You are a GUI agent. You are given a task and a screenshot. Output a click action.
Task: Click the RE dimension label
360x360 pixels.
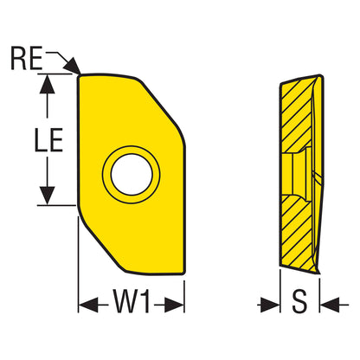tap(27, 58)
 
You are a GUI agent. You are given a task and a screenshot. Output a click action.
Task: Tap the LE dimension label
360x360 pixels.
tap(48, 140)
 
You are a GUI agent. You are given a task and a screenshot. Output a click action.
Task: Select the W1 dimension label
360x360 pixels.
tap(132, 301)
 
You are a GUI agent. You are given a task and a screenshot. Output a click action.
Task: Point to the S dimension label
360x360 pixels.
tap(299, 301)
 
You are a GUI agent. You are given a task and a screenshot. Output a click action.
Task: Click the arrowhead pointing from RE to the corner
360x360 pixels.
tap(73, 66)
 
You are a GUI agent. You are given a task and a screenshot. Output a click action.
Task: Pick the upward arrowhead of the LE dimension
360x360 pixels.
tap(47, 84)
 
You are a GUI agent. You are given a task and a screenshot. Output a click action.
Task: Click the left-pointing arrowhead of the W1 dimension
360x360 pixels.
tap(88, 305)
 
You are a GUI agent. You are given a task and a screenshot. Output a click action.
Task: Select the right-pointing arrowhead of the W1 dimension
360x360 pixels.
tap(174, 305)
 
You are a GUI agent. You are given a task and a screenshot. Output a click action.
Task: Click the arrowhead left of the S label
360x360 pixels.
tap(270, 305)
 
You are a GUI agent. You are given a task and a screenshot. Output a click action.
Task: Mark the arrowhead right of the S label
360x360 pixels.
tap(330, 305)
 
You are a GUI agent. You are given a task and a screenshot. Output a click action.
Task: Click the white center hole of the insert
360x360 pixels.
tap(132, 175)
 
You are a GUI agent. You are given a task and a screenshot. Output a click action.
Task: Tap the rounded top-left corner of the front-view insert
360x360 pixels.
tap(80, 77)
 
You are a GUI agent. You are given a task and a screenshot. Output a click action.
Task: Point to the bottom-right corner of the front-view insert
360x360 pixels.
tap(183, 272)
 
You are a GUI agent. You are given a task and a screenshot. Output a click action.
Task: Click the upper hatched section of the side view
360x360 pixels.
tap(296, 114)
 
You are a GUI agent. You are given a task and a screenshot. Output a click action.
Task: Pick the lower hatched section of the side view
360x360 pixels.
tap(297, 232)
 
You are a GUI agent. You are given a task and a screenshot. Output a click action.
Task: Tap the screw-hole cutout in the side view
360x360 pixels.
tap(296, 174)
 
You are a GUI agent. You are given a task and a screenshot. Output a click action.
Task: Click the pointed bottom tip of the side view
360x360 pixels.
tap(319, 273)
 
